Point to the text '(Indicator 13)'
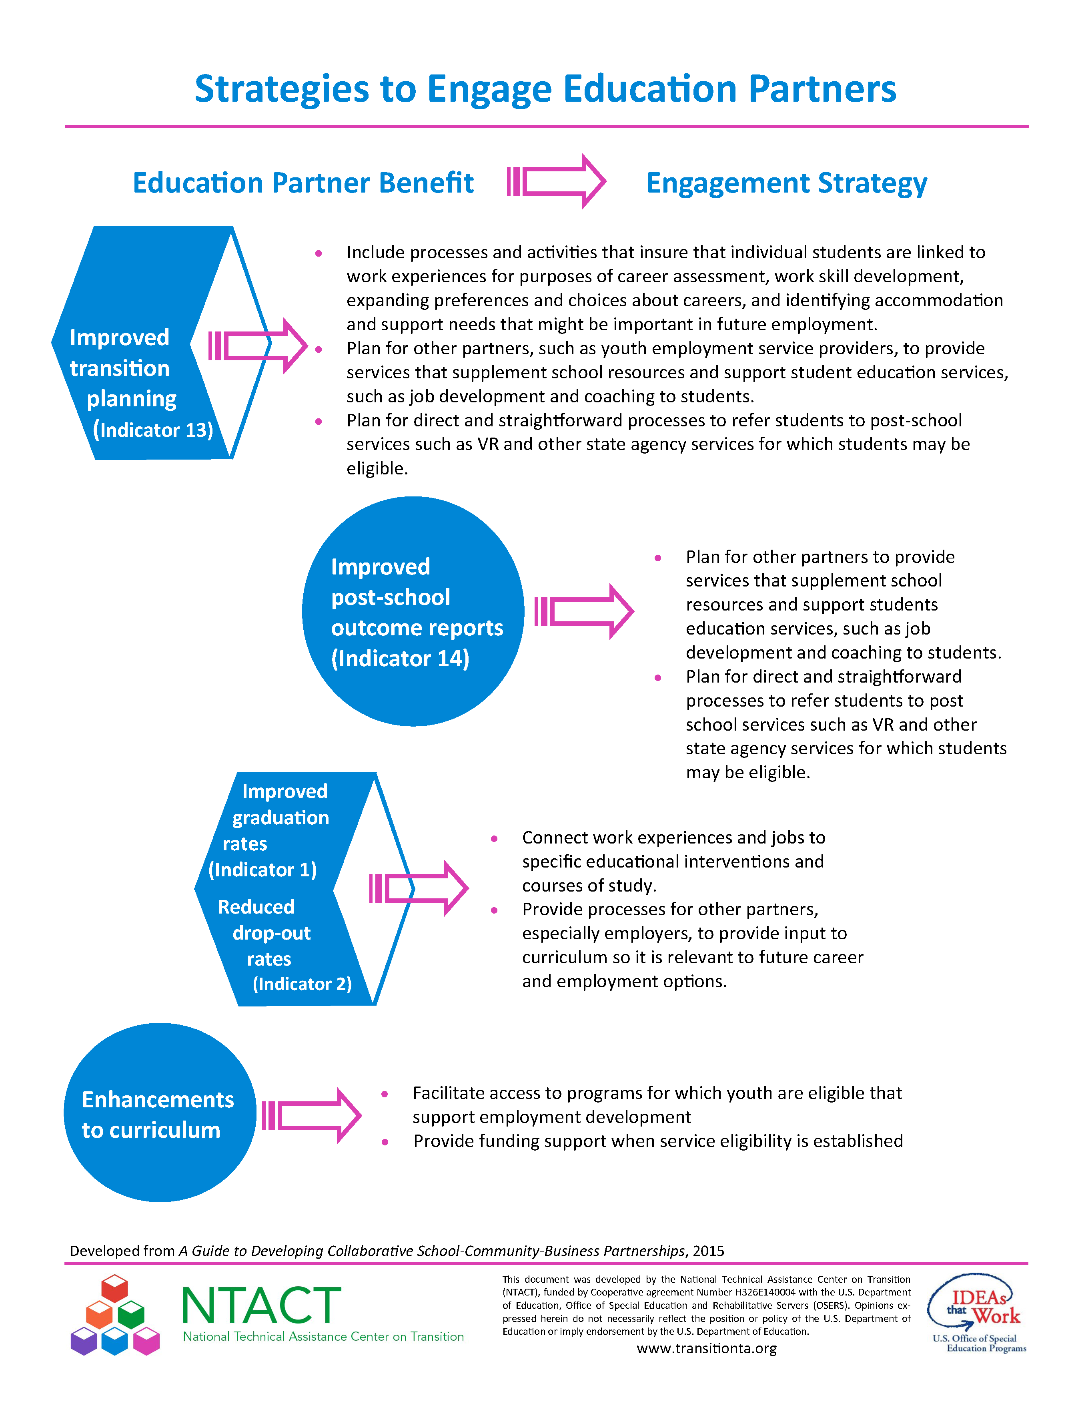tap(153, 430)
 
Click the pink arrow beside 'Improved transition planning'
tap(258, 346)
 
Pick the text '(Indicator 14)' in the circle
tap(400, 659)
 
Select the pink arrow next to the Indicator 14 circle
tap(584, 611)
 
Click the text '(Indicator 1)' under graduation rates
tap(262, 870)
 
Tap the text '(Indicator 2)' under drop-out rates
tap(302, 984)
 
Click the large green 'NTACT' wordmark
tap(262, 1305)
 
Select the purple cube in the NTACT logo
tap(84, 1341)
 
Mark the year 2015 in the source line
tap(708, 1251)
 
